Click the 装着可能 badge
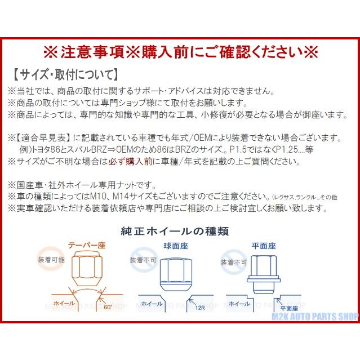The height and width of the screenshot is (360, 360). point(50,261)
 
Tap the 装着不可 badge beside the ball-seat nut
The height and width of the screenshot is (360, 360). point(141,261)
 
